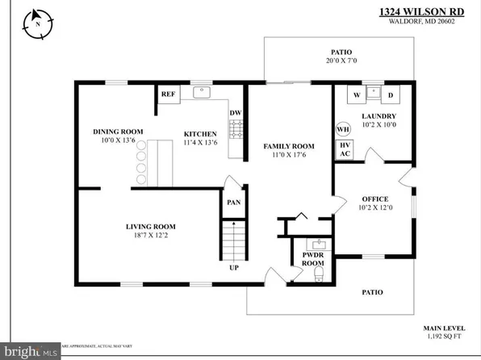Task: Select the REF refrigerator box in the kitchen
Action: click(168, 94)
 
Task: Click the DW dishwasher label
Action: click(235, 113)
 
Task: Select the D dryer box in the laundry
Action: click(390, 96)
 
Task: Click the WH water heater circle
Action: click(342, 129)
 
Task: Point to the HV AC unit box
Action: click(345, 149)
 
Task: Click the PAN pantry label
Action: click(232, 202)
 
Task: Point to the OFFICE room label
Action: click(374, 199)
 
